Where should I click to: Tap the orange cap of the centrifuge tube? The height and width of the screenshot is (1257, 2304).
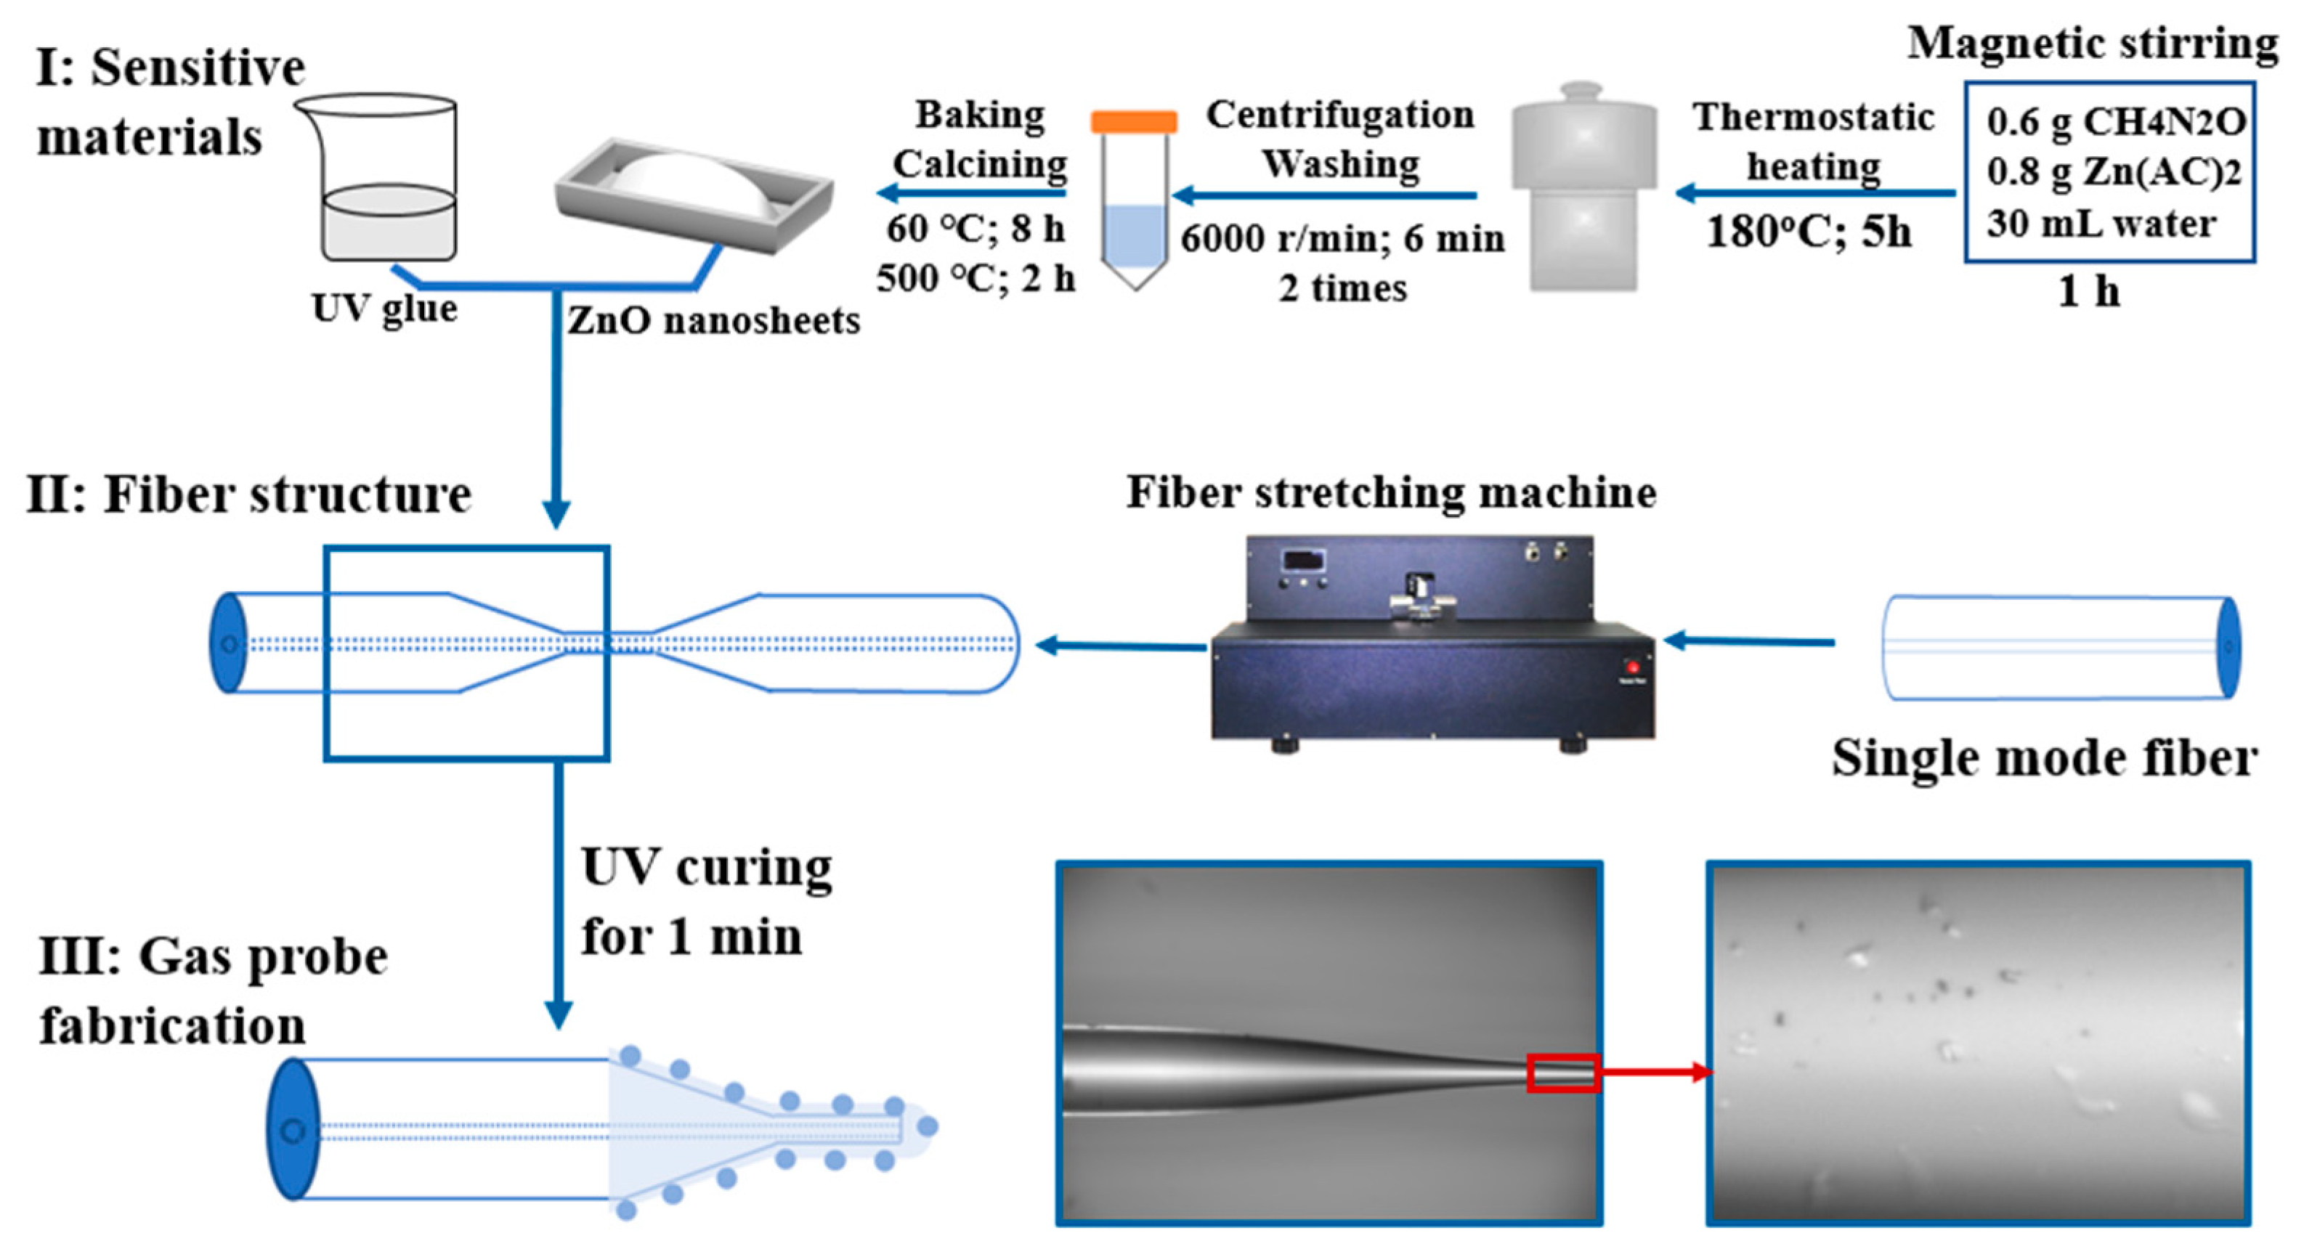point(1133,121)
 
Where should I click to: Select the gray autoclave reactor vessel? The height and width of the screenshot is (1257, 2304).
point(1583,188)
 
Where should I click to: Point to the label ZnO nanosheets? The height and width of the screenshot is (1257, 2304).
point(713,321)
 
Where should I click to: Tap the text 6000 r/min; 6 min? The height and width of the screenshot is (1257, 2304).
point(1342,239)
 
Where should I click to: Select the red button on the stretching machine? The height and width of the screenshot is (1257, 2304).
point(1632,667)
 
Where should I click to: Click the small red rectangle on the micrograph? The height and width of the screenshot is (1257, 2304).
point(1562,1072)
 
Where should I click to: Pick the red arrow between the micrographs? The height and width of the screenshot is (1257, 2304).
point(1655,1071)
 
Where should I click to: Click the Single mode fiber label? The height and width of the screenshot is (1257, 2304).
point(2045,758)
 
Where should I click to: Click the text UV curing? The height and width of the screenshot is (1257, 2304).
point(707,867)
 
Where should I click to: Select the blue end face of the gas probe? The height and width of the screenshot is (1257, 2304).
point(293,1129)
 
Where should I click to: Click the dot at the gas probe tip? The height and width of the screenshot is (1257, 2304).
point(928,1126)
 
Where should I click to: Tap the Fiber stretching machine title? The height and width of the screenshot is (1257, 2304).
point(1391,492)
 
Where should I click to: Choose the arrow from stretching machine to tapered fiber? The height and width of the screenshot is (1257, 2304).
point(1122,646)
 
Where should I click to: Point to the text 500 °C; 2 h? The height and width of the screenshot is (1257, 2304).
point(975,279)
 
